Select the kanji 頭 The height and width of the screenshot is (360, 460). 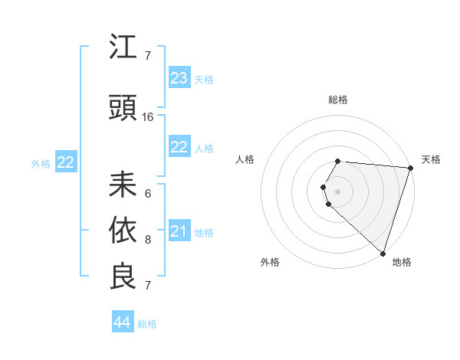123,109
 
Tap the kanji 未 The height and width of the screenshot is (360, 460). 123,185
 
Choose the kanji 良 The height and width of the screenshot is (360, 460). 123,277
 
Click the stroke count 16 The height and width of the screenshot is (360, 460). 148,117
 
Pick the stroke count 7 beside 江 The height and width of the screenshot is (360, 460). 148,56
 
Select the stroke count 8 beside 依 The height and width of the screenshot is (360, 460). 148,240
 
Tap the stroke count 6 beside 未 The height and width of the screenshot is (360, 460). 148,194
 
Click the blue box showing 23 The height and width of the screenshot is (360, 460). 179,78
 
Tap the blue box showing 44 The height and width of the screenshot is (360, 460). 123,322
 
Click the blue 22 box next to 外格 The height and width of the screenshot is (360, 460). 66,162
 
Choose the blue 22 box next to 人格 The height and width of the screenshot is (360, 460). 179,148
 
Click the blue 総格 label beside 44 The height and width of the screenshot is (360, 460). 147,324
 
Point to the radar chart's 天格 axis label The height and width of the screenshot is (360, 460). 431,159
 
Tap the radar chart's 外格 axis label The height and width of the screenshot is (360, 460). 270,262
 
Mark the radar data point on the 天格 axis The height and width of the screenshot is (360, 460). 411,169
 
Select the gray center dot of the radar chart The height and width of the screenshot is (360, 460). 338,191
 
